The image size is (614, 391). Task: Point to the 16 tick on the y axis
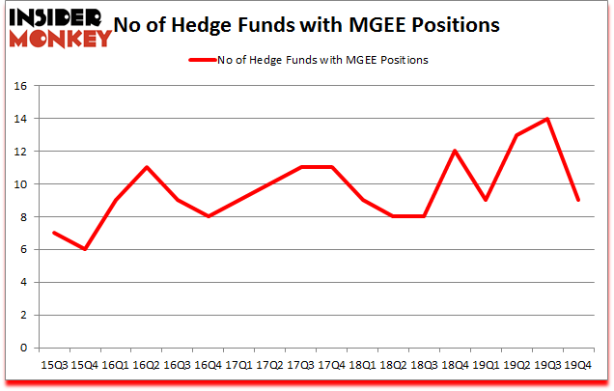tap(18, 86)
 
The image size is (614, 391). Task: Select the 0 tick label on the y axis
tap(22, 349)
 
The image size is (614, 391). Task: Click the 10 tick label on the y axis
tap(18, 184)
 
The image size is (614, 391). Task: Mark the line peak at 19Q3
tap(547, 119)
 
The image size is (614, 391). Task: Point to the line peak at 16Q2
tap(146, 168)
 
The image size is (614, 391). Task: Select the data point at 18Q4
tap(455, 152)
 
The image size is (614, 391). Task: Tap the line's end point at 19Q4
tap(578, 200)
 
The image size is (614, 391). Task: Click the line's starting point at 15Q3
tap(53, 233)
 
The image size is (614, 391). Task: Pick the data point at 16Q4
tap(208, 216)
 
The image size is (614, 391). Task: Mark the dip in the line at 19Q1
tap(486, 200)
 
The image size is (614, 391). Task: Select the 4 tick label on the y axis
tap(22, 283)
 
